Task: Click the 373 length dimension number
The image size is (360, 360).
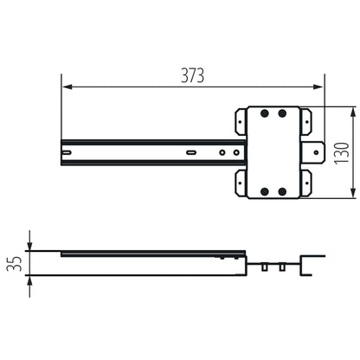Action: (x=192, y=75)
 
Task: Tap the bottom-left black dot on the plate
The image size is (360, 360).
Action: (x=264, y=190)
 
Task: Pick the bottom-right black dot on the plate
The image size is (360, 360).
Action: (x=282, y=190)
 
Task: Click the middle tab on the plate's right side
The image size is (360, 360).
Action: (x=314, y=152)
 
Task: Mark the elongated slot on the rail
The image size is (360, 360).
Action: (x=190, y=153)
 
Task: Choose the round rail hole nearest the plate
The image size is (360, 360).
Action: (x=236, y=153)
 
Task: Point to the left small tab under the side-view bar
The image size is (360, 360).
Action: (x=265, y=267)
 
